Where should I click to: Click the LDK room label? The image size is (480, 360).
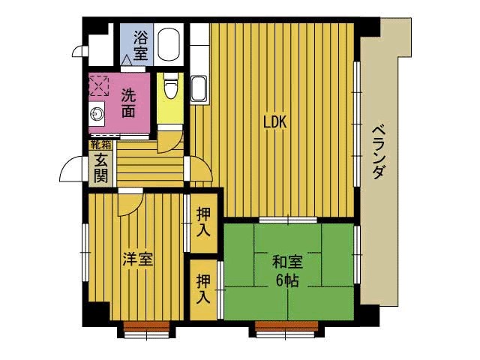(274, 122)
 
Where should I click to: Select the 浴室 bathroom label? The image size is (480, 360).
(140, 44)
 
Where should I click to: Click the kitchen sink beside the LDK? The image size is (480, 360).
(199, 89)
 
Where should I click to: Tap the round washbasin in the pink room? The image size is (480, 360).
(96, 115)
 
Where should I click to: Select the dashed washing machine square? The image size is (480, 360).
(98, 85)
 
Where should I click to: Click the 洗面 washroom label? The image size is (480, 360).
(128, 103)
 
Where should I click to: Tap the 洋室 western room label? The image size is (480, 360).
(138, 260)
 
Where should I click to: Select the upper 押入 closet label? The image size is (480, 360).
(203, 223)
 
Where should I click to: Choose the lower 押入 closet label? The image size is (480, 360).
(203, 289)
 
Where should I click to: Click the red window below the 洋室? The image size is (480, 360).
(145, 326)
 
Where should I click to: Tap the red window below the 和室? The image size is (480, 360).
(289, 326)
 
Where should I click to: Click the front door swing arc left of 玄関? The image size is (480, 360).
(71, 171)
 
